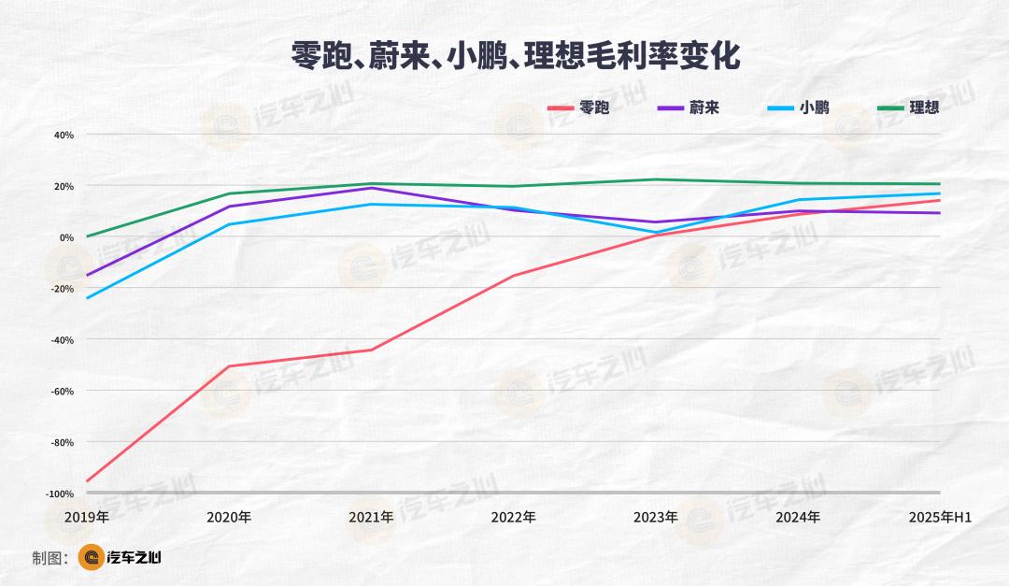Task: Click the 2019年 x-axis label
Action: (87, 517)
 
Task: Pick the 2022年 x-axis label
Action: (513, 517)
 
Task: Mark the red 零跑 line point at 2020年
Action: (229, 366)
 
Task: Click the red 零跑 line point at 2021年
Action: (371, 350)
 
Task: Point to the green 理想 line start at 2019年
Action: (87, 236)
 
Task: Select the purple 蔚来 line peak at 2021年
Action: (371, 188)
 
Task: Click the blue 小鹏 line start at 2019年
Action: (87, 298)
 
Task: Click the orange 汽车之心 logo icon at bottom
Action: (91, 558)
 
